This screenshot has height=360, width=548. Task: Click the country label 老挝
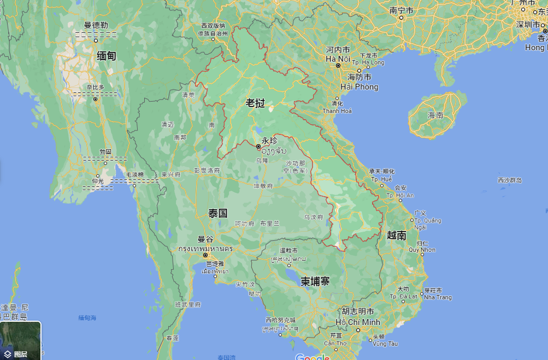pyautogui.click(x=255, y=103)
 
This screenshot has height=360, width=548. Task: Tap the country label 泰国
pyautogui.click(x=217, y=213)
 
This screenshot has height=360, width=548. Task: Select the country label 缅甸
pyautogui.click(x=106, y=56)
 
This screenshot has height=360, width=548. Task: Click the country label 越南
pyautogui.click(x=396, y=235)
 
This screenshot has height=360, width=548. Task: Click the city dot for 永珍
pyautogui.click(x=258, y=146)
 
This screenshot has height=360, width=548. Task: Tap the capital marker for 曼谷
pyautogui.click(x=205, y=255)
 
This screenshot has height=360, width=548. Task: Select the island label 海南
pyautogui.click(x=435, y=115)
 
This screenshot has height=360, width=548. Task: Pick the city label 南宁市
pyautogui.click(x=402, y=10)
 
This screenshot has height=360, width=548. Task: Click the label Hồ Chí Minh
pyautogui.click(x=358, y=322)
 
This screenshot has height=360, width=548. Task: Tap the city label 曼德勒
pyautogui.click(x=96, y=25)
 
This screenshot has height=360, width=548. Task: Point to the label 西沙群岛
pyautogui.click(x=510, y=180)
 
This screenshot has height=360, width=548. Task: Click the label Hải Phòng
pyautogui.click(x=359, y=87)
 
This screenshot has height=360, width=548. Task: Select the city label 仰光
pyautogui.click(x=98, y=181)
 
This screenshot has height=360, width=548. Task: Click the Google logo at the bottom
pyautogui.click(x=313, y=357)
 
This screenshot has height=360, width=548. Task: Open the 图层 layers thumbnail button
pyautogui.click(x=21, y=340)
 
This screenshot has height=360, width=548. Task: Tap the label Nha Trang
pyautogui.click(x=438, y=297)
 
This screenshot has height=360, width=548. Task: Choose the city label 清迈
pyautogui.click(x=167, y=125)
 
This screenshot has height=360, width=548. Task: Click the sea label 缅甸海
pyautogui.click(x=87, y=318)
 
